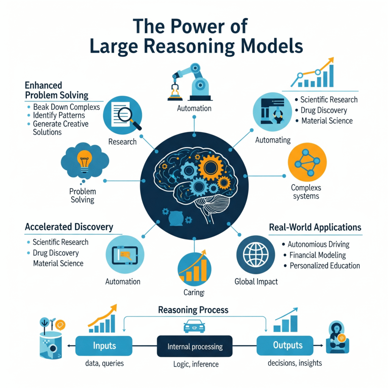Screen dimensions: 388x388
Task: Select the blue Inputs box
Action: coord(104,346)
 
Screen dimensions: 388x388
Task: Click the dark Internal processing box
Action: coord(195,346)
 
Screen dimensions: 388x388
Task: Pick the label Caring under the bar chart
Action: coord(194,292)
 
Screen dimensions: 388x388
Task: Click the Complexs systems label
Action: coord(305,191)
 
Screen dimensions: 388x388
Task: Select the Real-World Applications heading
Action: coord(315,227)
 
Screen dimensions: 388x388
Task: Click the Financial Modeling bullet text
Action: coord(318,255)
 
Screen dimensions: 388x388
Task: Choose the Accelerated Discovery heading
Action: coord(69,227)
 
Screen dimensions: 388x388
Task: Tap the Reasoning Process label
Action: coord(193,310)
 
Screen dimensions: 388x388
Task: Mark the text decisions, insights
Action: coord(294,363)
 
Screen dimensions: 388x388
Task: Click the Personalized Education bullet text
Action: coord(325,266)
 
